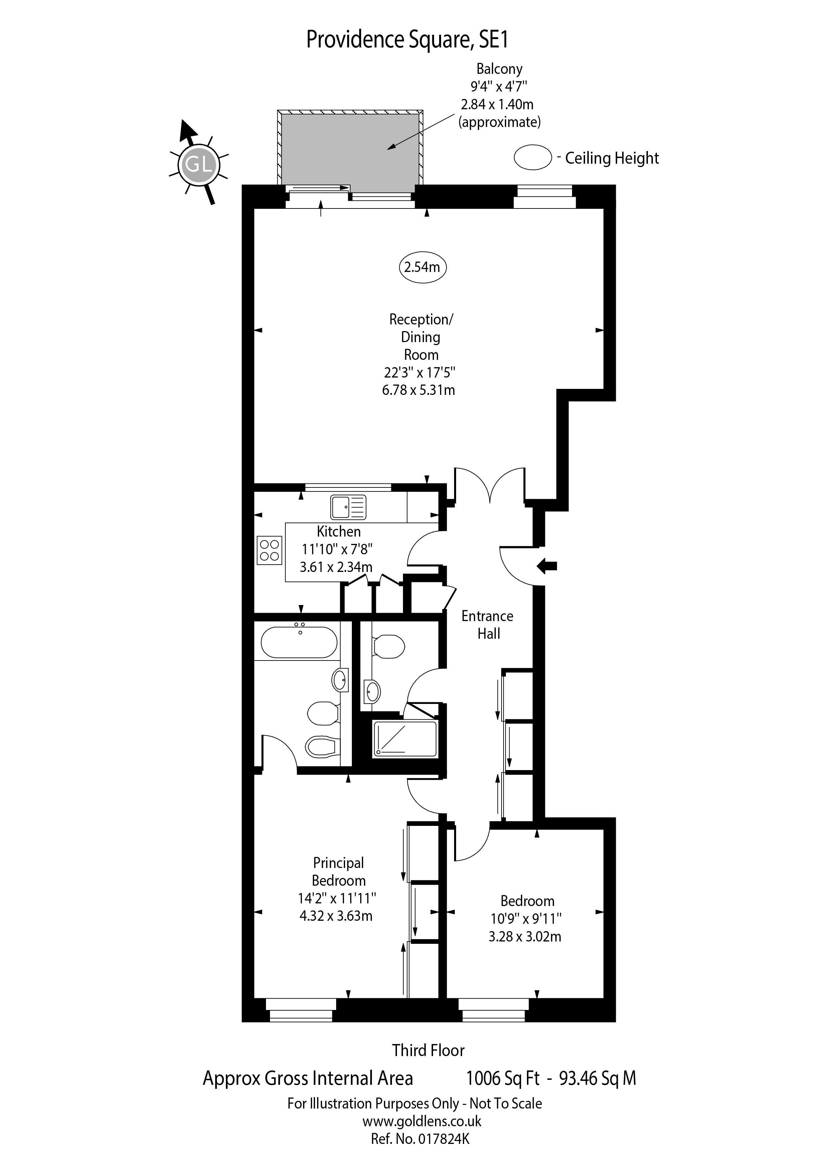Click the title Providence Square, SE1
(x=407, y=40)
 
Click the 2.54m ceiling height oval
(x=422, y=267)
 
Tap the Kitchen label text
(x=338, y=532)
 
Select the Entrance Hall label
(x=488, y=625)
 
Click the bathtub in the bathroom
(x=299, y=642)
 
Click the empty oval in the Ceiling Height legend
(x=532, y=157)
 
